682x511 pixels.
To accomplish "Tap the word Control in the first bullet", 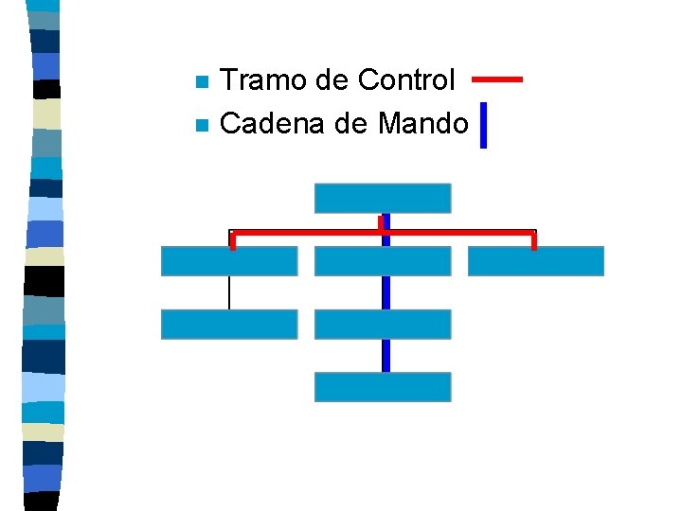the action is (406, 80).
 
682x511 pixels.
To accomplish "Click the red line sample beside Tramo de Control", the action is (496, 79).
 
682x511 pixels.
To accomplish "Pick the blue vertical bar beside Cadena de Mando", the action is (483, 125).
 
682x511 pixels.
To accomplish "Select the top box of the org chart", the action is (383, 198).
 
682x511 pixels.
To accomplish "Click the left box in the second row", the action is (229, 261).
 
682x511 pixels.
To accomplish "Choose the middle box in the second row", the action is (383, 261).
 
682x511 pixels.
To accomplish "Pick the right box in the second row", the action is (536, 261).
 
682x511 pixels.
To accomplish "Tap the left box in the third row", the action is (229, 325).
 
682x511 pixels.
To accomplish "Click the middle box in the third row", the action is (383, 325).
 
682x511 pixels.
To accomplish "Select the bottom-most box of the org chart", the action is (383, 387).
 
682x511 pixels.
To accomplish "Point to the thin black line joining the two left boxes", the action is (229, 292).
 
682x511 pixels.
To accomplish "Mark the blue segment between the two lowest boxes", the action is (386, 356).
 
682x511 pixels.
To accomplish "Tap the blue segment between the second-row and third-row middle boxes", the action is (386, 292).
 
